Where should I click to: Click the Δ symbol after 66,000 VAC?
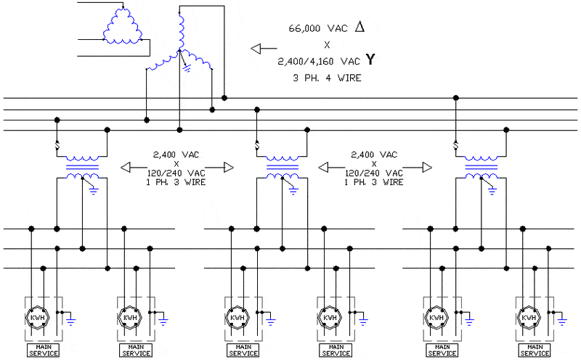[x=360, y=28]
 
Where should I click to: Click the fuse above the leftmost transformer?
[x=57, y=151]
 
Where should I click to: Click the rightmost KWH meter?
[x=529, y=318]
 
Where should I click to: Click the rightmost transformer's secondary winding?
[x=481, y=177]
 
